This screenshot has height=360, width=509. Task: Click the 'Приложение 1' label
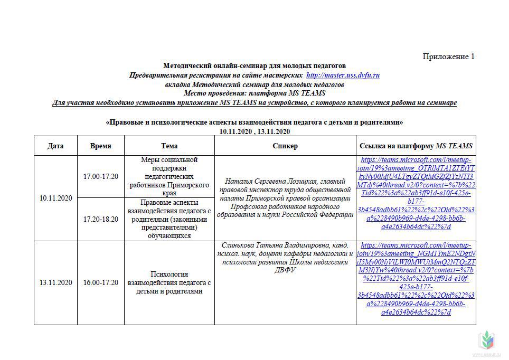pyautogui.click(x=448, y=56)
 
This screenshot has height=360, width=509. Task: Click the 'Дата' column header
pyautogui.click(x=55, y=146)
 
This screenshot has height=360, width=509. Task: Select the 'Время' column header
pyautogui.click(x=100, y=146)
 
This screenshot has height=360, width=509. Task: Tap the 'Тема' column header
pyautogui.click(x=169, y=146)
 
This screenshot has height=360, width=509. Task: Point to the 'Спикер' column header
pyautogui.click(x=285, y=146)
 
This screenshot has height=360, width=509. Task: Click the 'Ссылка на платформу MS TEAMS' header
pyautogui.click(x=416, y=146)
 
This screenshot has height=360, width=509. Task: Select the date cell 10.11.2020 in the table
pyautogui.click(x=55, y=198)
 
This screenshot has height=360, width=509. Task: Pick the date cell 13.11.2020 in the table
pyautogui.click(x=55, y=282)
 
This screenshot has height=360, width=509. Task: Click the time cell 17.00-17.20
pyautogui.click(x=100, y=176)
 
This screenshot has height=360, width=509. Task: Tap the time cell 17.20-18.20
pyautogui.click(x=100, y=219)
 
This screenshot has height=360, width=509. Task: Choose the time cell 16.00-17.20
pyautogui.click(x=100, y=282)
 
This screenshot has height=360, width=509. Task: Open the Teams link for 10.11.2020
pyautogui.click(x=416, y=193)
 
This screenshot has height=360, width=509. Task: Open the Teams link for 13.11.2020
pyautogui.click(x=416, y=278)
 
